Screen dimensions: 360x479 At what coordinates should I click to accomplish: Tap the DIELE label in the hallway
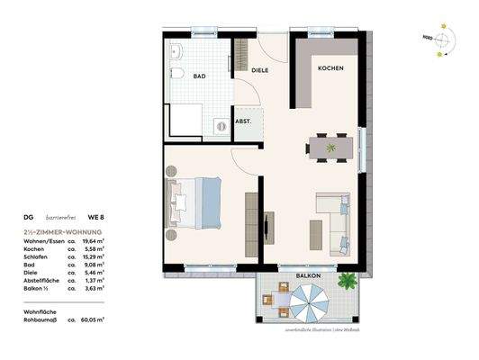pyautogui.click(x=260, y=69)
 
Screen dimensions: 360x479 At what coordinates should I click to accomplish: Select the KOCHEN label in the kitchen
pyautogui.click(x=329, y=68)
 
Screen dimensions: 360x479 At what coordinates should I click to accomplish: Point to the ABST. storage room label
pyautogui.click(x=244, y=121)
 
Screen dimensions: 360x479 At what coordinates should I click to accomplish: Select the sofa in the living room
pyautogui.click(x=339, y=219)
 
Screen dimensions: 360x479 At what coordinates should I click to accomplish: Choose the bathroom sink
pyautogui.click(x=176, y=50)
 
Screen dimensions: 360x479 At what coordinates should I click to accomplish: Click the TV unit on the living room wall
pyautogui.click(x=269, y=223)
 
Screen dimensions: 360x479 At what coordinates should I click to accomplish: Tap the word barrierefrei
pyautogui.click(x=61, y=217)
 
